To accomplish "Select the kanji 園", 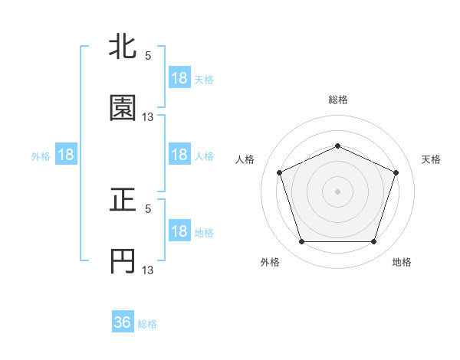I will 123,109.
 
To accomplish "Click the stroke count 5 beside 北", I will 148,56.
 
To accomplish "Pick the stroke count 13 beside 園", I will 148,117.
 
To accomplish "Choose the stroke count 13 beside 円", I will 148,270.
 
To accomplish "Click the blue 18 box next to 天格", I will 179,78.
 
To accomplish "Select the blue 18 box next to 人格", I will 179,155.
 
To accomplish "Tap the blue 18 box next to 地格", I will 179,231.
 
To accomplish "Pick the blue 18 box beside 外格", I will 66,155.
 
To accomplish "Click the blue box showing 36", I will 123,322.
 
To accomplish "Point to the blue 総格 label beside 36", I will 147,324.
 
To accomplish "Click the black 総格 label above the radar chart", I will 338,100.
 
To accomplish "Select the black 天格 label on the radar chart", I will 432,159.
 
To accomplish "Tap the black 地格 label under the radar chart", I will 402,262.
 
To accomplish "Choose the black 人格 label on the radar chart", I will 245,159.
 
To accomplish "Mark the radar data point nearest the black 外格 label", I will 301,242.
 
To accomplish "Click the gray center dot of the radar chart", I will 338,191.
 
